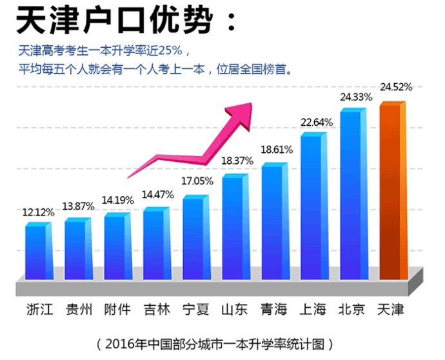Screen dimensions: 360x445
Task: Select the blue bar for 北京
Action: [x=352, y=194]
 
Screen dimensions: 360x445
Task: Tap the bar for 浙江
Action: [x=37, y=252]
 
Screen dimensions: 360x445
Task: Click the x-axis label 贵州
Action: [x=79, y=310]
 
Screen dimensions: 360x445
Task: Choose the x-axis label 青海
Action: [x=273, y=310]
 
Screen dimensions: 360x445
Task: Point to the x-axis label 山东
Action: [x=234, y=310]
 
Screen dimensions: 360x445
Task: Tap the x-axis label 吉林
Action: [x=157, y=310]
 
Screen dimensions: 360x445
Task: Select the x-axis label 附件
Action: [x=117, y=310]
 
